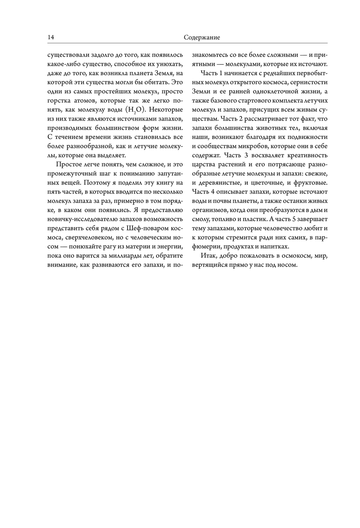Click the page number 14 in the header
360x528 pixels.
pos(50,37)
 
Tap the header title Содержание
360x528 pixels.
pos(202,37)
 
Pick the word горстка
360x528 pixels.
pos(59,101)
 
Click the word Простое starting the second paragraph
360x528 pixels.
pos(68,164)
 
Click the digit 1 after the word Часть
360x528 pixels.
pos(221,73)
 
